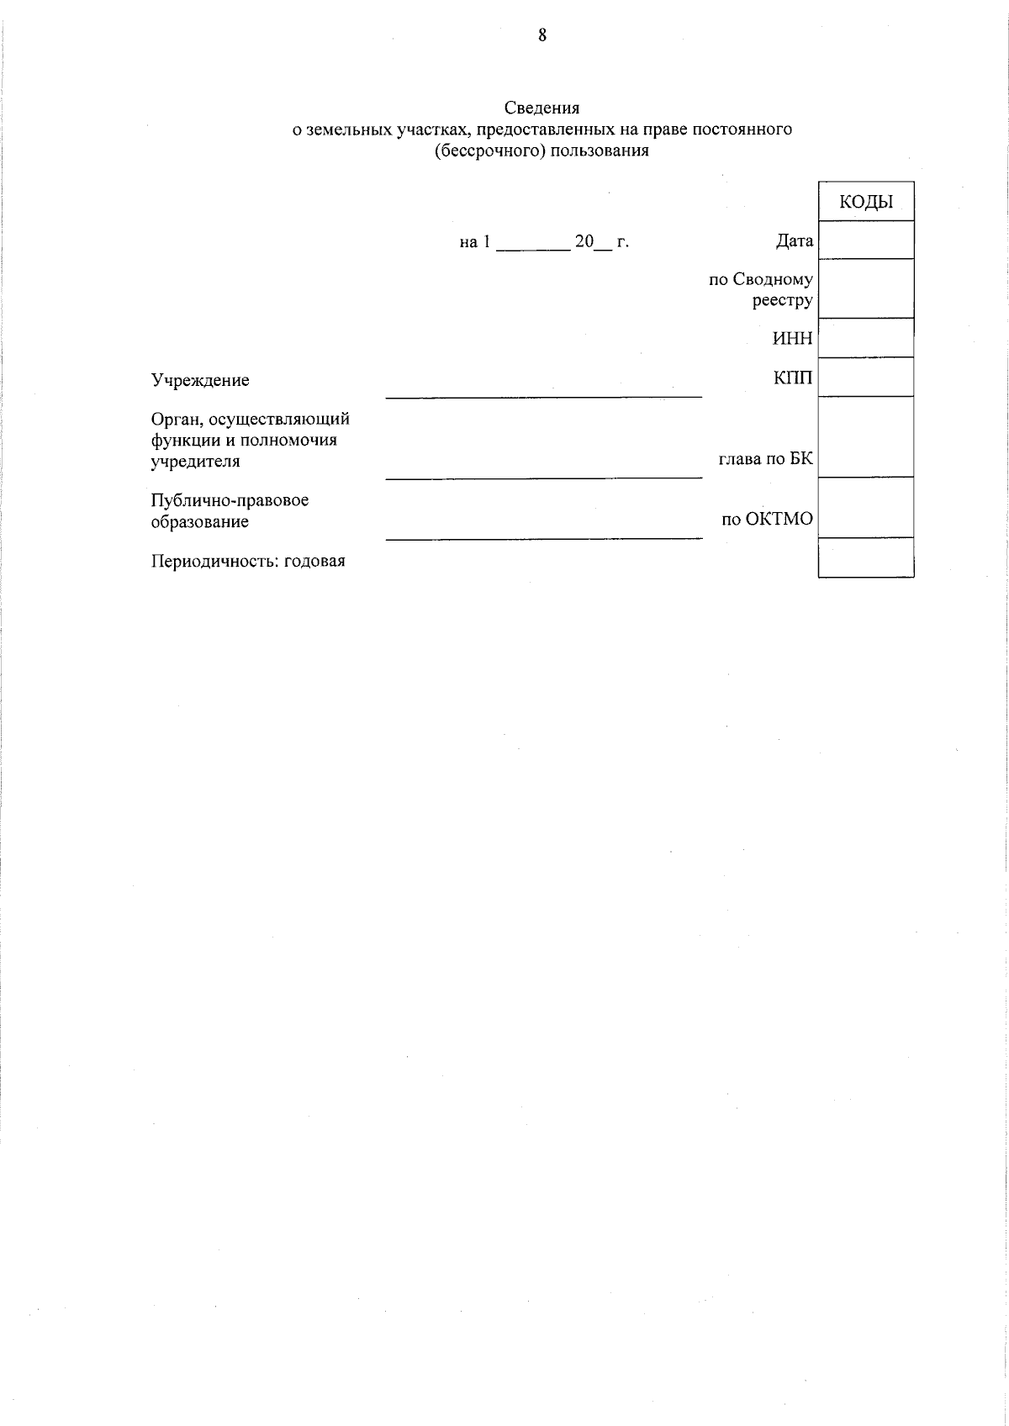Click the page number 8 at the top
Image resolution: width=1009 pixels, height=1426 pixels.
tap(542, 35)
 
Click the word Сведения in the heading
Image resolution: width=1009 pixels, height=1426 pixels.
tap(541, 108)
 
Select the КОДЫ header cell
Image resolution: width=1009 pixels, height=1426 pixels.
tap(865, 202)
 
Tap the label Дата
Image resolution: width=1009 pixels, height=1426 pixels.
tap(794, 241)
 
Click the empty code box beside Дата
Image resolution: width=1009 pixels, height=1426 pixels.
tap(865, 240)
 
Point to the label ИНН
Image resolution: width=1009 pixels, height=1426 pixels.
tap(792, 339)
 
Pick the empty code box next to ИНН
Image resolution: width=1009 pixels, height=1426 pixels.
tap(865, 338)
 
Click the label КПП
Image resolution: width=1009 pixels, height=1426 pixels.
tap(793, 378)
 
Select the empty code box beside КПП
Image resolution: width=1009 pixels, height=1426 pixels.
tap(865, 377)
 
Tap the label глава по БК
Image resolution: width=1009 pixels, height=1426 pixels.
tap(765, 459)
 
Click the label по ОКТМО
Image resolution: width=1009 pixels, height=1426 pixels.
tap(767, 519)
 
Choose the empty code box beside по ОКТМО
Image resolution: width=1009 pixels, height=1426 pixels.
tap(865, 508)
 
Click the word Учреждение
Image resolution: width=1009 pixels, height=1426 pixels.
tap(200, 380)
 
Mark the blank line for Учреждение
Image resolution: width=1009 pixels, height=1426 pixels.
tap(543, 393)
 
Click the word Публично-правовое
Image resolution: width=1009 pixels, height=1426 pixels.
tap(230, 500)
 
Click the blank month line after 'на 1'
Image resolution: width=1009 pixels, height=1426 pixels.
tap(533, 247)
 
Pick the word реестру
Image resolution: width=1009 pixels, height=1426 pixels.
tap(782, 300)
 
